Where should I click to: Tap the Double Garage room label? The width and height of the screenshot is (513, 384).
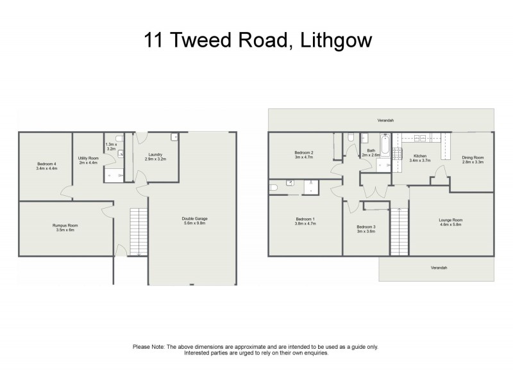[x=194, y=219]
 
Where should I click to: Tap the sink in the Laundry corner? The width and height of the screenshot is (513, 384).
[x=174, y=137]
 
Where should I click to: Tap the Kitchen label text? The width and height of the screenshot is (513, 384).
[x=420, y=156]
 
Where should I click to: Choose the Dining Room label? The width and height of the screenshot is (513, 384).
[x=473, y=157]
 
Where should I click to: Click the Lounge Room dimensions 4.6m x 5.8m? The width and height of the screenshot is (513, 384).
[x=451, y=224]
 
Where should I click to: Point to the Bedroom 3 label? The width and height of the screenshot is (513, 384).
[x=366, y=227]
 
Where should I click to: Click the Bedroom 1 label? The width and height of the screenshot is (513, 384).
[x=305, y=219]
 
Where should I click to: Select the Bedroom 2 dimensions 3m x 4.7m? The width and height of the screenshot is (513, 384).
[x=303, y=157]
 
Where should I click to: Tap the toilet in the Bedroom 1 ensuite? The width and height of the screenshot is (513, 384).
[x=273, y=188]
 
